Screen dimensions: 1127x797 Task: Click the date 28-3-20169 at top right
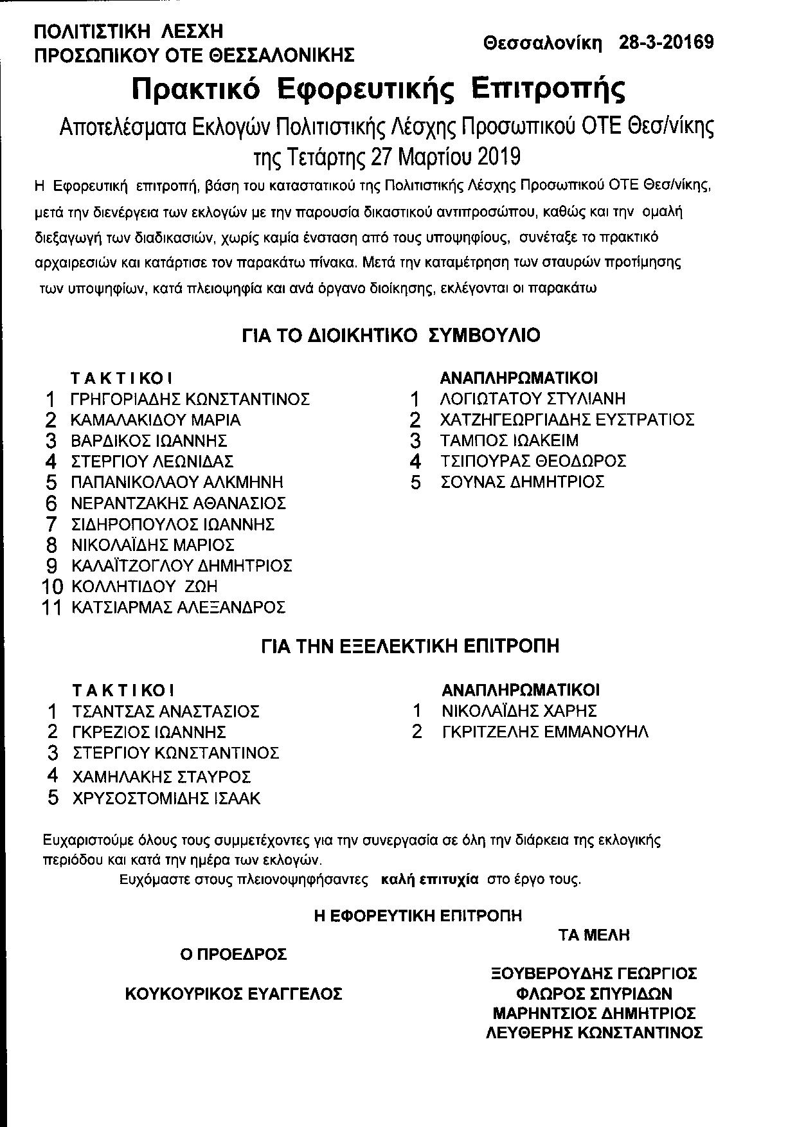[666, 42]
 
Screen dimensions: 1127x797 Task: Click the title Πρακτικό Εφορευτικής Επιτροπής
[378, 89]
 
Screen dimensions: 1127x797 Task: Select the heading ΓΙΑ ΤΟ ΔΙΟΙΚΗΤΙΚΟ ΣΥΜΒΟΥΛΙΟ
[391, 336]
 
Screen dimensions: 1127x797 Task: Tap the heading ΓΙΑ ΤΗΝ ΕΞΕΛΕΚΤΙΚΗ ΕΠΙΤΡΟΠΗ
[410, 645]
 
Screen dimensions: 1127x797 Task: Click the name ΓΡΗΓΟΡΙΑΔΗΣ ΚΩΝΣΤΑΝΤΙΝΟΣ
[190, 399]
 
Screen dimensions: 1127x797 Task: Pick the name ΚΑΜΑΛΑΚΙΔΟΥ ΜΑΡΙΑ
[156, 420]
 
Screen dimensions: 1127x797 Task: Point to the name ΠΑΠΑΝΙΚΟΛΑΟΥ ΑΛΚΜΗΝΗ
[177, 482]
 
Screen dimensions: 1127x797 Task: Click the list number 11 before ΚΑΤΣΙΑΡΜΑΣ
[51, 608]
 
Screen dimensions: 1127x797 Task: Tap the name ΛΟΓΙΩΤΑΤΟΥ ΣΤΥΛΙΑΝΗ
[532, 399]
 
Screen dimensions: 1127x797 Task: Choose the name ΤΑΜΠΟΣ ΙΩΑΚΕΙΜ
[509, 440]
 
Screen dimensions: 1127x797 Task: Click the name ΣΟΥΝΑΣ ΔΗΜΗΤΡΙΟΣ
[522, 482]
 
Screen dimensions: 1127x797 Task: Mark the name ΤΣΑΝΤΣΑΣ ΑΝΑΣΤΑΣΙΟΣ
[166, 712]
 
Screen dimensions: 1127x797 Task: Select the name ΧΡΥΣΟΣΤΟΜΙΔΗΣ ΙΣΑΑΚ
[166, 798]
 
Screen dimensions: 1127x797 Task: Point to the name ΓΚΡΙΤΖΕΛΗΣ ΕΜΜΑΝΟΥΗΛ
[545, 732]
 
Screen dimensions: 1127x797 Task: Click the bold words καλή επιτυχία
[429, 879]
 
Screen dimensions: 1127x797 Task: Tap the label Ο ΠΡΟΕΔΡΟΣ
[233, 955]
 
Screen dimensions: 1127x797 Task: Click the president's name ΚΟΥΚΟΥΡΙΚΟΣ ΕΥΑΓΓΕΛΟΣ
[233, 994]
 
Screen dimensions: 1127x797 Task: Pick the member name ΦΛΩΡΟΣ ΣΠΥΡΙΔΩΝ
[594, 994]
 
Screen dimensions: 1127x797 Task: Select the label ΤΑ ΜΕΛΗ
[594, 935]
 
